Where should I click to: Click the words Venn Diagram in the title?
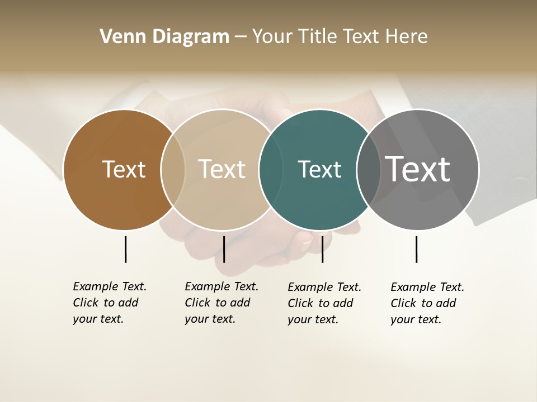164,37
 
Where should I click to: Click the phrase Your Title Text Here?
340,37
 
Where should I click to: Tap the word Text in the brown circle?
124,169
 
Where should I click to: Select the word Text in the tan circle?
222,169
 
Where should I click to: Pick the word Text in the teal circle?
319,169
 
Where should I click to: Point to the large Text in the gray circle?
417,169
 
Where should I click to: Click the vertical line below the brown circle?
125,249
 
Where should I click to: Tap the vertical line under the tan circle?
224,249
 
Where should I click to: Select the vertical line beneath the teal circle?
322,249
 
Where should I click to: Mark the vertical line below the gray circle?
416,249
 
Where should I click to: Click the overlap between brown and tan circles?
173,169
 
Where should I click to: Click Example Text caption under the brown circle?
110,303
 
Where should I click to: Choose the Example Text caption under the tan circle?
222,303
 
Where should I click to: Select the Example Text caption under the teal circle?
324,303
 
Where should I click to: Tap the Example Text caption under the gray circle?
427,303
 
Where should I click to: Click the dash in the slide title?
241,37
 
